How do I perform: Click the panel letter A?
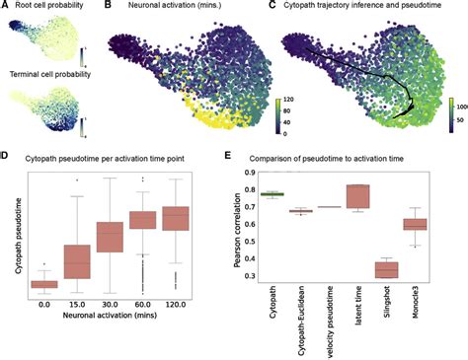pos(5,6)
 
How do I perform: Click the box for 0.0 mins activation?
pos(43,285)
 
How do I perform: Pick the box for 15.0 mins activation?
pos(77,260)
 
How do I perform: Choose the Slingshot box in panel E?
pos(386,268)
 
